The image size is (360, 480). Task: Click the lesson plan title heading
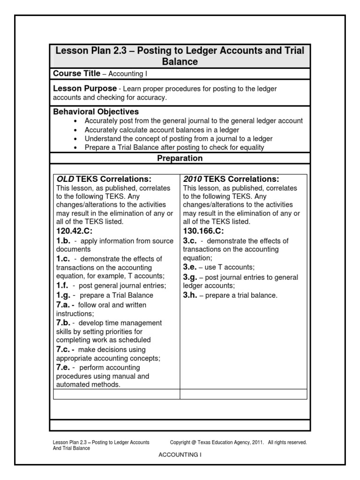180,56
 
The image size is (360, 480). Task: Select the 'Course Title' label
76,74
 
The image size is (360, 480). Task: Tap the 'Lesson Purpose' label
84,88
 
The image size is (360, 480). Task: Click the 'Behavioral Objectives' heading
96,112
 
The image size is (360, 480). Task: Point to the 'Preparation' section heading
180,158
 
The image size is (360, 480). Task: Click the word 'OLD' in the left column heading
66,179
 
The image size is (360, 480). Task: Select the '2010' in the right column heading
193,179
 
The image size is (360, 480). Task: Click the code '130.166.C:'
203,231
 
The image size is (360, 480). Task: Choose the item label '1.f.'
63,286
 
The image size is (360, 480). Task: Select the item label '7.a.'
65,305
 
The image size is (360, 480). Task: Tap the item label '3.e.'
191,267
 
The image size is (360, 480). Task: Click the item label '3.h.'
191,295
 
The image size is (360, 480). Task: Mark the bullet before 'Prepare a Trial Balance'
75,148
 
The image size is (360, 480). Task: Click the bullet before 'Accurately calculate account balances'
75,130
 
